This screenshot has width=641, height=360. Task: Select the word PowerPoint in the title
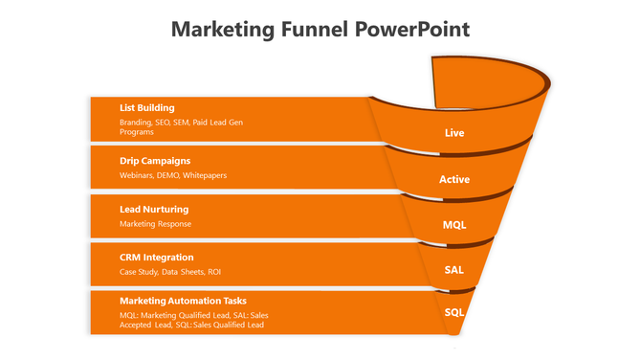click(x=411, y=29)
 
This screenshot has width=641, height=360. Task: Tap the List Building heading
click(x=146, y=108)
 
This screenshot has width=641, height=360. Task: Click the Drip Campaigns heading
click(x=154, y=160)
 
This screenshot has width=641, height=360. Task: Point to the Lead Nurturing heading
click(x=153, y=209)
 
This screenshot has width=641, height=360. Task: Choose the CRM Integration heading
click(x=156, y=258)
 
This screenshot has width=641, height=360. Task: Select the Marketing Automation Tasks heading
click(x=183, y=301)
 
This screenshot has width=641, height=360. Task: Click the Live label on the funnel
click(x=454, y=133)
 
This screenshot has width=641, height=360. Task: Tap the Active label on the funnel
click(x=454, y=179)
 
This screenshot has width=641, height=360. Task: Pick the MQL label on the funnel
click(x=454, y=225)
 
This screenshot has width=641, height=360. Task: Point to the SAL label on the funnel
click(x=454, y=270)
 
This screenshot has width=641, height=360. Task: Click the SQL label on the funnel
click(x=454, y=312)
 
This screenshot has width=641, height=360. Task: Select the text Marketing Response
click(x=155, y=224)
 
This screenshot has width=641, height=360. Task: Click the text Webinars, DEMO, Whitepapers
click(x=172, y=175)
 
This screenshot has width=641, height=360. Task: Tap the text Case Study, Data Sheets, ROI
click(x=169, y=273)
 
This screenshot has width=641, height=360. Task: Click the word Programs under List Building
click(x=137, y=132)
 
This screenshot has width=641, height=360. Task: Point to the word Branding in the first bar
click(x=135, y=123)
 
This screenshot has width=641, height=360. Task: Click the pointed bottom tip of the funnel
click(x=458, y=335)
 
